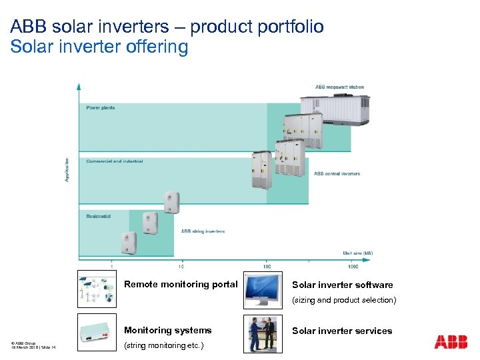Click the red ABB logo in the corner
pos(451,342)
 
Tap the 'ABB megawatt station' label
pos(339,87)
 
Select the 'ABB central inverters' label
pos(337,174)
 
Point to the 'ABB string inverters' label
pos(203,231)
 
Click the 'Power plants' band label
pos(100,108)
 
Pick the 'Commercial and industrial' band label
pos(114,161)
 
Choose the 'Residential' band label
pos(98,216)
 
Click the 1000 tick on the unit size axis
pos(353,266)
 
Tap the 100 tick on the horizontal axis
pos(267,266)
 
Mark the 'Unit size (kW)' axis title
pos(358,253)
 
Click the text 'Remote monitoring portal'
pos(181,284)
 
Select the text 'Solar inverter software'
pos(342,285)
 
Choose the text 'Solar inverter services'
pos(342,331)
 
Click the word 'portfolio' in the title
pos(291,27)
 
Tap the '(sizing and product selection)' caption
pos(344,300)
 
